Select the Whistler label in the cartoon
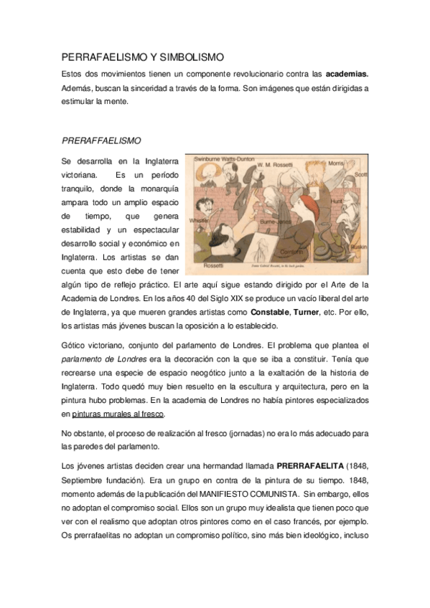click(x=197, y=221)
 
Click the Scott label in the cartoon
click(x=360, y=174)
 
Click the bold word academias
click(x=347, y=74)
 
